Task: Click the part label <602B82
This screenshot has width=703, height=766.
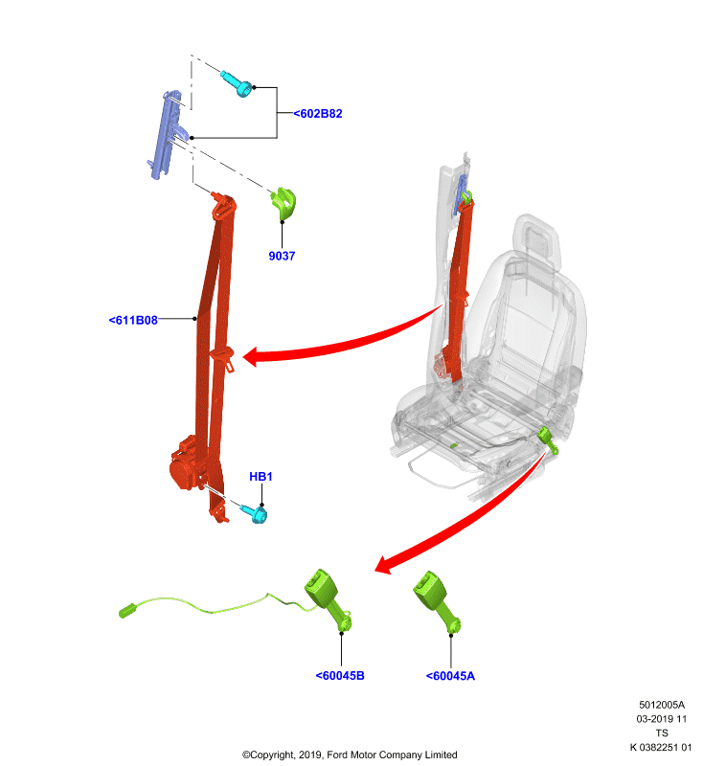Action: [x=318, y=113]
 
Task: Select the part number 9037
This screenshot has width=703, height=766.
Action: [x=282, y=256]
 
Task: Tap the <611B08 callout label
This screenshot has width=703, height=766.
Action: [x=133, y=320]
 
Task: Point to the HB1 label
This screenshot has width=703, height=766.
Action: [x=261, y=476]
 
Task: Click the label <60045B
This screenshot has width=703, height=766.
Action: [x=340, y=676]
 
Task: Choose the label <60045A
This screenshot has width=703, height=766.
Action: [x=450, y=676]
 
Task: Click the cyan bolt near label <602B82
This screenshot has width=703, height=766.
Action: [x=237, y=84]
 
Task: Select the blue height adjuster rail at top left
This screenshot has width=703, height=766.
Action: [x=166, y=134]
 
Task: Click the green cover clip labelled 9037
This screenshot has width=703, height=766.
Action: [x=283, y=202]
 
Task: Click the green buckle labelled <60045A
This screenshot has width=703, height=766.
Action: [x=436, y=603]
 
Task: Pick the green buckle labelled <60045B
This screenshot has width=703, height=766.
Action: [x=328, y=600]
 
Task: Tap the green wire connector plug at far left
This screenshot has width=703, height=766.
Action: [x=127, y=611]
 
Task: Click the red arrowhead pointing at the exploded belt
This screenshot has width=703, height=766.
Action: [x=252, y=356]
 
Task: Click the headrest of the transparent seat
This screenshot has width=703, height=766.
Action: [x=536, y=240]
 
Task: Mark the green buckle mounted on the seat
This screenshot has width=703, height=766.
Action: [x=547, y=439]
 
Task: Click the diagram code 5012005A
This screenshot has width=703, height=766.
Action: [x=662, y=705]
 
